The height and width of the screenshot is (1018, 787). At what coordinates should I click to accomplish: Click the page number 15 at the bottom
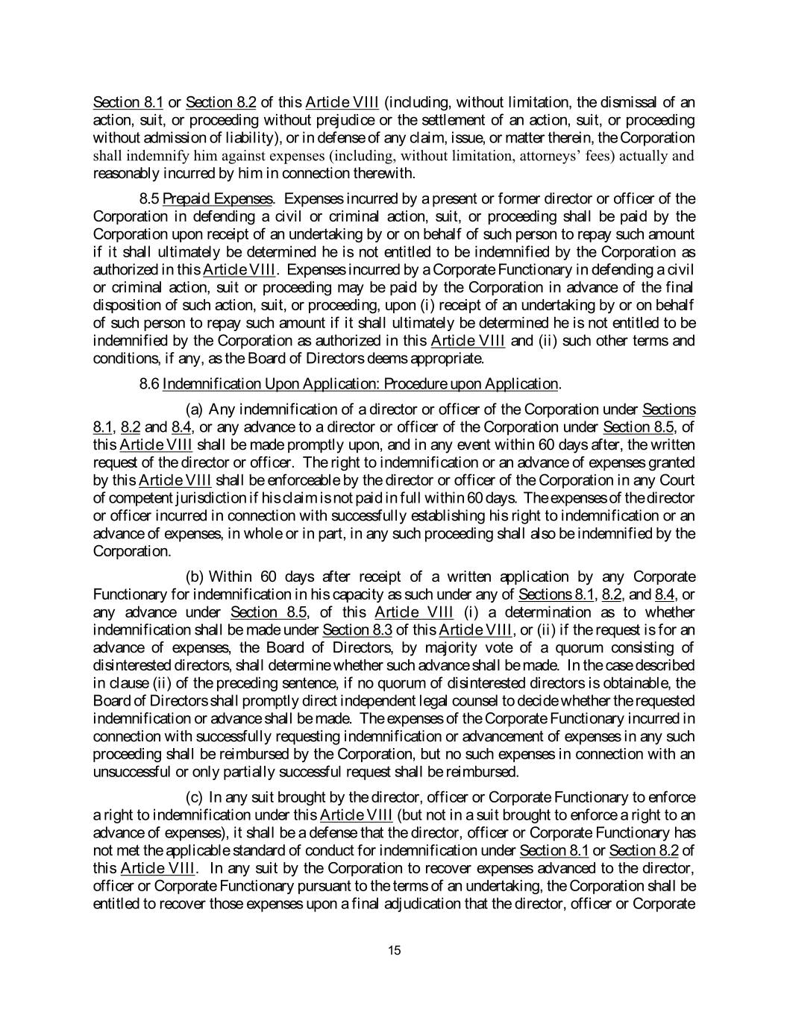click(395, 949)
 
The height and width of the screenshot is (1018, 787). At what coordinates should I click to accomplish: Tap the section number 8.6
click(149, 384)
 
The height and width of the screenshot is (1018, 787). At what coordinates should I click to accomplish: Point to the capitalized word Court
click(678, 480)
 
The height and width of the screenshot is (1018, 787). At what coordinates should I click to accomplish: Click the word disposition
click(125, 306)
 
